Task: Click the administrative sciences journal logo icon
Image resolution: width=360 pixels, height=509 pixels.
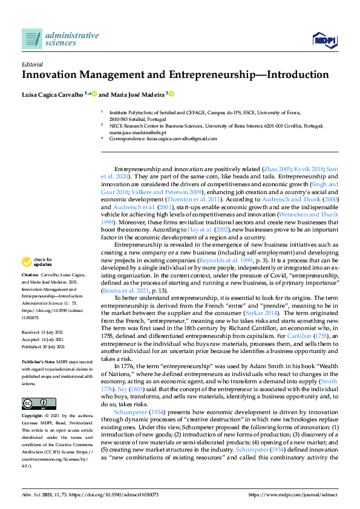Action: pyautogui.click(x=31, y=39)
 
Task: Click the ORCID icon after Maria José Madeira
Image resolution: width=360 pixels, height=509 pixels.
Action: pyautogui.click(x=171, y=94)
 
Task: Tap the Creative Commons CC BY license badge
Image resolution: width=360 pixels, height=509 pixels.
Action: pyautogui.click(x=31, y=386)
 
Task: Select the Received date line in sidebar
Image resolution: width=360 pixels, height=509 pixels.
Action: pyautogui.click(x=44, y=332)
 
